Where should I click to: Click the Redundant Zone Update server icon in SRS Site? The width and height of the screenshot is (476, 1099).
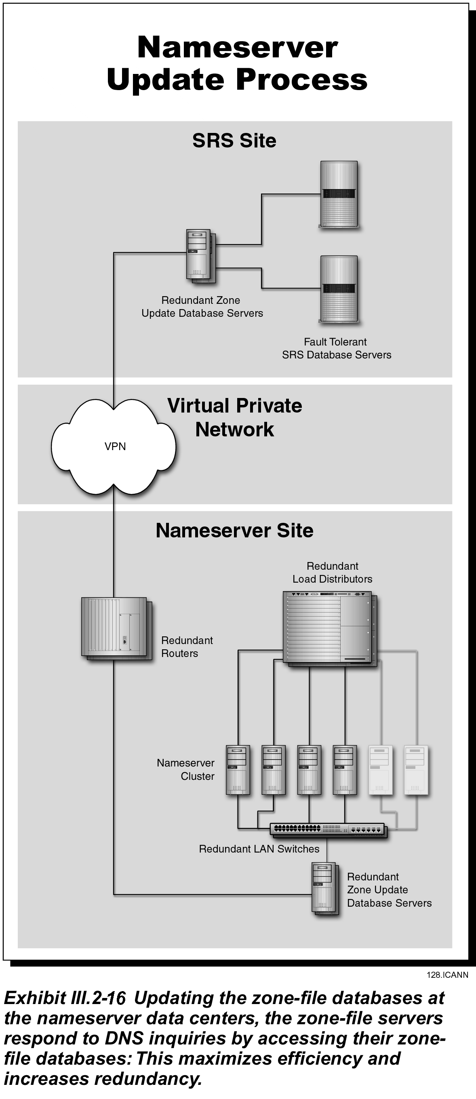(200, 257)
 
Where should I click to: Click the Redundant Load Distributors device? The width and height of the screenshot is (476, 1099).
(330, 629)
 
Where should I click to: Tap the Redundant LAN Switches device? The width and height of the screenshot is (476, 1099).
(329, 830)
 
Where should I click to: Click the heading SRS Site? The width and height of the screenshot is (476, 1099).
(234, 141)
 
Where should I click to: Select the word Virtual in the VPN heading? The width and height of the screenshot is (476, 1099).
(198, 406)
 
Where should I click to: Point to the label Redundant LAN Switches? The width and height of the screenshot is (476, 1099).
(259, 849)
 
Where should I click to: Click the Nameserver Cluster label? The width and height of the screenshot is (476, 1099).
(185, 769)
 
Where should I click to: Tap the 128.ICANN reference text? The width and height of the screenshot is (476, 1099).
(447, 975)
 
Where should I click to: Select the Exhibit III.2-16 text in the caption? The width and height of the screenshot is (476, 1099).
(65, 998)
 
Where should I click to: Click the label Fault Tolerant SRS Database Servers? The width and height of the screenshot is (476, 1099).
(337, 348)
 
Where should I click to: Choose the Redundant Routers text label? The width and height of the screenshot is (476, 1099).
(187, 647)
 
